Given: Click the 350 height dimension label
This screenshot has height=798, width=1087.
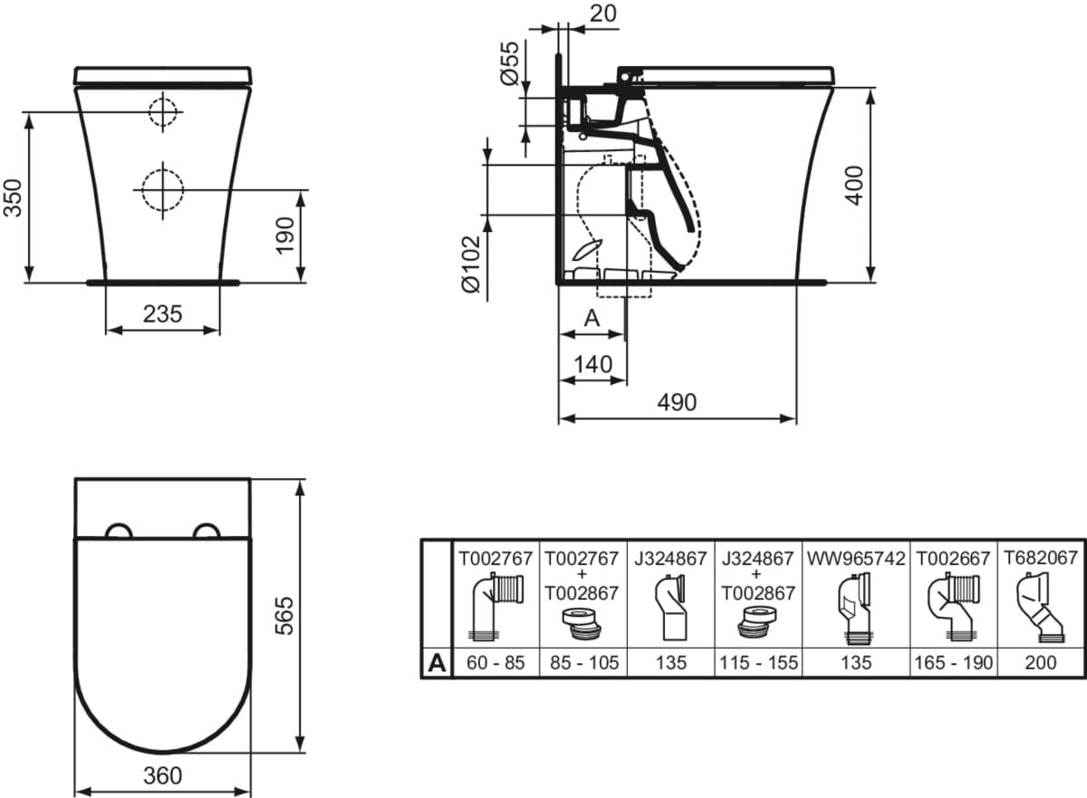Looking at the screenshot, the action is tap(13, 198).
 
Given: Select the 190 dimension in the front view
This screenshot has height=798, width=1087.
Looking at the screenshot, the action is tap(285, 236).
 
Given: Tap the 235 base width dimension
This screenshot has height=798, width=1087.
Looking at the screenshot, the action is tap(162, 314).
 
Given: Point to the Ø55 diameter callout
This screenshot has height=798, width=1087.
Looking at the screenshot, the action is tap(509, 64).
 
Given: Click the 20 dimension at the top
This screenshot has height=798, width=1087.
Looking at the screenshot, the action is tap(603, 14).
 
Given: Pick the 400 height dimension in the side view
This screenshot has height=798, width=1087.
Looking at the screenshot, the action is tap(854, 186).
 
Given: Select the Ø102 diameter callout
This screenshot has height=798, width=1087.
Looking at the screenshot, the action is tap(471, 264).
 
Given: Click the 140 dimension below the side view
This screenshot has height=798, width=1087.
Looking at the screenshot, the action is tap(593, 364).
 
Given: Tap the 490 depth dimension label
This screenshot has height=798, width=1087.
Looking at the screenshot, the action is tap(677, 402).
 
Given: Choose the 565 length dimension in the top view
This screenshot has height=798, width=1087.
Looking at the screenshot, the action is tap(284, 616).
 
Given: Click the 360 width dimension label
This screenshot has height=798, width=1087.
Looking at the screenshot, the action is tap(162, 776).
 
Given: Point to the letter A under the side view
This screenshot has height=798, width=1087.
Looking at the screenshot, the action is tap(592, 319).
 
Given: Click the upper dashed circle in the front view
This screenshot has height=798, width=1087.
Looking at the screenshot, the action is tap(163, 112).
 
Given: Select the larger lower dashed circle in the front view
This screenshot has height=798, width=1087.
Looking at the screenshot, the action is tap(162, 189).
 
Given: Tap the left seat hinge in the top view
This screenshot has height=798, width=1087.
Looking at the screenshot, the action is tap(120, 531).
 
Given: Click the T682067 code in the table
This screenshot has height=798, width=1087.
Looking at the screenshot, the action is tap(1041, 558).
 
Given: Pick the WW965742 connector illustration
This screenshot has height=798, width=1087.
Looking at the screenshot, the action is tap(855, 610).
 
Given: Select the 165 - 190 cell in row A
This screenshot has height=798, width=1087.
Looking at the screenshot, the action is tap(954, 663).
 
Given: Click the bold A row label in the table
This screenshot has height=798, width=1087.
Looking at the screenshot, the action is tap(437, 663).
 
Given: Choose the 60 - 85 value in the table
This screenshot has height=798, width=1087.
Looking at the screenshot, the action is tap(495, 663).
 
